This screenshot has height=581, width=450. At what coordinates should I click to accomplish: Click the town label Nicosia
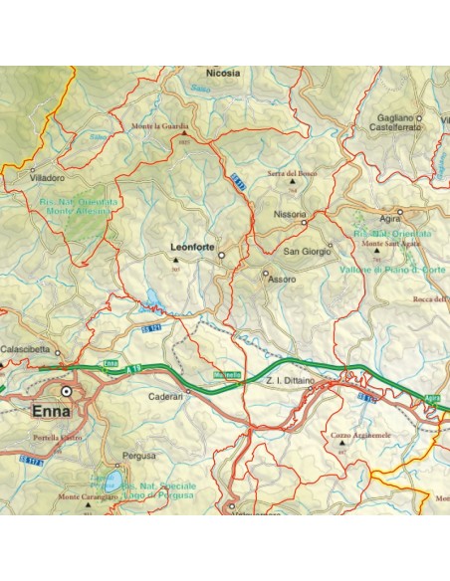(x=222, y=73)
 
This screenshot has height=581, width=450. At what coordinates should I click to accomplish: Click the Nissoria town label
(x=289, y=215)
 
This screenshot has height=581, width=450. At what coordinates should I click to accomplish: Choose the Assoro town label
(x=282, y=281)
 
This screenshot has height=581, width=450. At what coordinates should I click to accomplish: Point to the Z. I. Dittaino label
(x=291, y=381)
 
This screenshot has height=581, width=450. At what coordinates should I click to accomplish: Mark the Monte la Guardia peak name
(x=160, y=126)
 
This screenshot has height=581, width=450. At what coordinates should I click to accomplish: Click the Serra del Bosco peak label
(x=291, y=173)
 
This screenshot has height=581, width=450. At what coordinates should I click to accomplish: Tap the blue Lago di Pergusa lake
(x=112, y=482)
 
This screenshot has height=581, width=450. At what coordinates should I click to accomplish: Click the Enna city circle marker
(x=67, y=392)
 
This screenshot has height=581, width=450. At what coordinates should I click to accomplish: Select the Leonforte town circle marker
(x=222, y=255)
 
